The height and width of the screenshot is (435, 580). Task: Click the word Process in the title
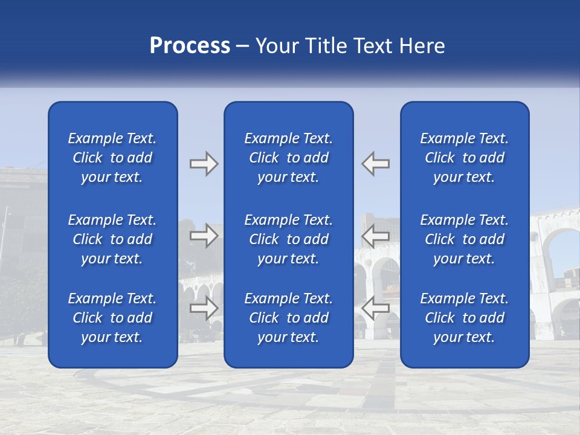click(x=190, y=46)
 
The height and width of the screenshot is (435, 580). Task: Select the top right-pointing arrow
click(x=204, y=164)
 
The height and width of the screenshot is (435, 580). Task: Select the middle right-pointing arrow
click(x=204, y=236)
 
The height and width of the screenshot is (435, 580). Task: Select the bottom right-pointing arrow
click(x=204, y=308)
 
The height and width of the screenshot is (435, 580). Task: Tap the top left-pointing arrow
click(x=375, y=164)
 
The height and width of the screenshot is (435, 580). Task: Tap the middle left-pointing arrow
click(x=375, y=236)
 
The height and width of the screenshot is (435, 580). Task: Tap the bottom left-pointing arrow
click(x=375, y=308)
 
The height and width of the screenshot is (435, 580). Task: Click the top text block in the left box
click(x=112, y=158)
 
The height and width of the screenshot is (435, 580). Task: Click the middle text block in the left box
click(x=112, y=239)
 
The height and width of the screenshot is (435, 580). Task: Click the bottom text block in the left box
click(x=112, y=318)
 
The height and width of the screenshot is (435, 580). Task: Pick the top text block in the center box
click(x=289, y=158)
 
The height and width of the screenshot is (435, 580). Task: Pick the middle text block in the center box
click(x=289, y=239)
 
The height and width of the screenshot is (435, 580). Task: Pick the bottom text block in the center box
click(x=289, y=318)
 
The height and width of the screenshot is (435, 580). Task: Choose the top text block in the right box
click(x=465, y=158)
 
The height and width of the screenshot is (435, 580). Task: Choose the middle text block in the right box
click(x=465, y=239)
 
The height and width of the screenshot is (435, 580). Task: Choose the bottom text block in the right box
click(x=465, y=318)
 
